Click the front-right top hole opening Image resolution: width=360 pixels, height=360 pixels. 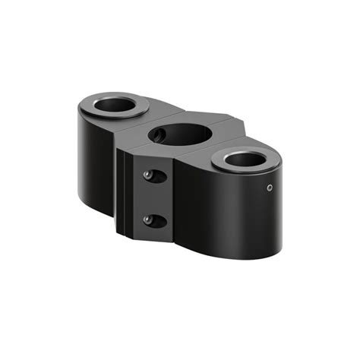coord(244,159)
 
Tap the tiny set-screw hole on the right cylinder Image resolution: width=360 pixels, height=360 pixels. coord(268,188)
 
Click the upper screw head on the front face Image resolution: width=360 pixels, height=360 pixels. coord(150,175)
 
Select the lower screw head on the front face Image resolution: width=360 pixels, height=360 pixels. coord(150,221)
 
